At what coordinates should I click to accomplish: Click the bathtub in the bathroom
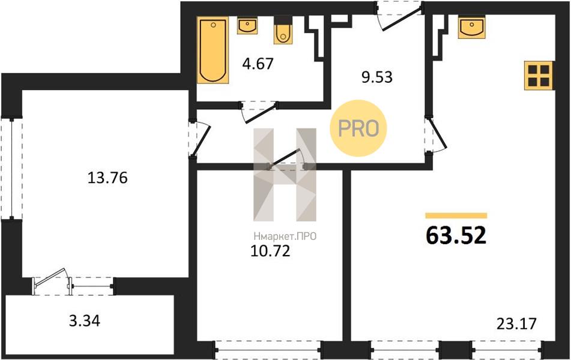[213, 50]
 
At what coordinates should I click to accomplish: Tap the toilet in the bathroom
[283, 31]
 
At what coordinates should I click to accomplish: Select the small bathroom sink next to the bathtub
[247, 25]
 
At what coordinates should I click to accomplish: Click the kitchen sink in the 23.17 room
[471, 26]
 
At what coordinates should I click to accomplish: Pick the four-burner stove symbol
[539, 76]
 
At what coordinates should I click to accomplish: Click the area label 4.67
[258, 64]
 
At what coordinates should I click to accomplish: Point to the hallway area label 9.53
[377, 77]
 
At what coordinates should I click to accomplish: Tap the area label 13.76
[107, 178]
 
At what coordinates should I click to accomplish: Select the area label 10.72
[270, 251]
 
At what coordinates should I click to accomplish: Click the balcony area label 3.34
[85, 321]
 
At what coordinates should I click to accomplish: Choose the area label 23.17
[517, 323]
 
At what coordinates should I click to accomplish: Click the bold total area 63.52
[456, 235]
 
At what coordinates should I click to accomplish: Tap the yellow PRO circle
[358, 128]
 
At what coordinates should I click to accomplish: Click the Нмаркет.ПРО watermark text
[285, 236]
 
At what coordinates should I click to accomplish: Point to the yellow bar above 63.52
[456, 216]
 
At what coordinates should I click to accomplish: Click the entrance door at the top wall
[399, 16]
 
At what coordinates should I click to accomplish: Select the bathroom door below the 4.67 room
[259, 112]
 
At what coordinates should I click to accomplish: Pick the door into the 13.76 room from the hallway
[199, 139]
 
